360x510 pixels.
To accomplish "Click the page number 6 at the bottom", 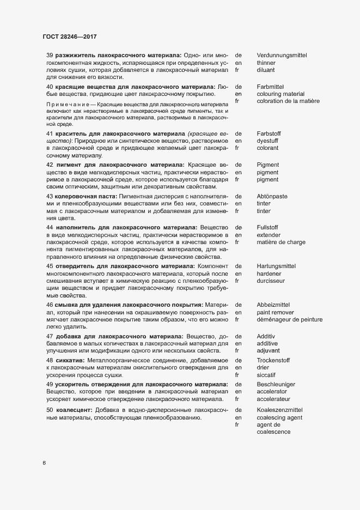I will pyautogui.click(x=44, y=464).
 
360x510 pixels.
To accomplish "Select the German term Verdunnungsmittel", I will pyautogui.click(x=282, y=56).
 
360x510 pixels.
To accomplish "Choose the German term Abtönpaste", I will pyautogui.click(x=272, y=196).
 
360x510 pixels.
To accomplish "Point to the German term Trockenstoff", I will pyautogui.click(x=273, y=361).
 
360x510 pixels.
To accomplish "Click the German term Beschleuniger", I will pyautogui.click(x=276, y=384).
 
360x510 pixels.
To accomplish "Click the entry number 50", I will pyautogui.click(x=50, y=410).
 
